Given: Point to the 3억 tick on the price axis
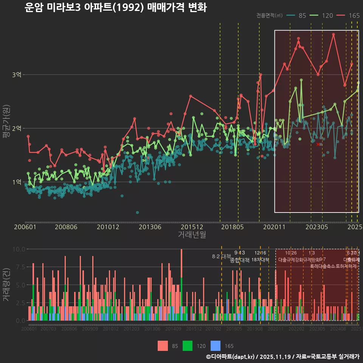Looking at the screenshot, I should pos(17,75).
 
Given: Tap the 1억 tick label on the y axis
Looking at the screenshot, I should pos(17,182).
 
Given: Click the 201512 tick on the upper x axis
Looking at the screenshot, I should pos(192,227).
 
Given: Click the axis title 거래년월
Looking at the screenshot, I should pos(192,235).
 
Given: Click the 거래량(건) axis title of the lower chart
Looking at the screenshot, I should pos(6,284).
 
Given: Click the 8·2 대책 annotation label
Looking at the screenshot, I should pos(222,256).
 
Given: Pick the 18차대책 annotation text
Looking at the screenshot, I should pos(260,260).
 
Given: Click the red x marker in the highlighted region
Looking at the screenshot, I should pos(318,144).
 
